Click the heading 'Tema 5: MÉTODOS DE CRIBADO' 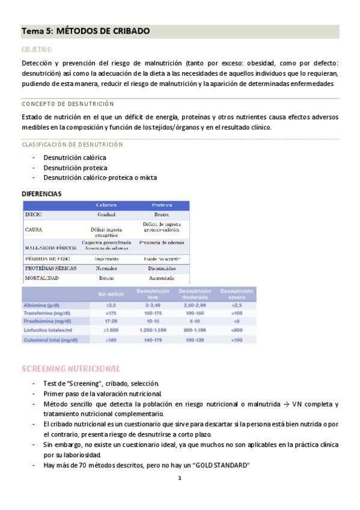point(85,31)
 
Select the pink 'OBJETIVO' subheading point(37,49)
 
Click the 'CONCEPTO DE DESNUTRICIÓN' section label point(67,104)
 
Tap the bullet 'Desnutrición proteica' point(75,168)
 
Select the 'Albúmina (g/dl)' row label point(45,306)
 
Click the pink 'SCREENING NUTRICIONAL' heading point(71,368)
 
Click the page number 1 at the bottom point(180,479)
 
